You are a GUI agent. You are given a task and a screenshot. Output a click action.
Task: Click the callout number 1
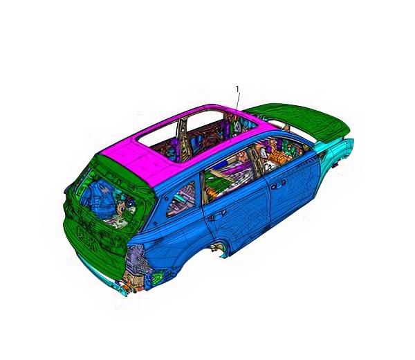(x=237, y=89)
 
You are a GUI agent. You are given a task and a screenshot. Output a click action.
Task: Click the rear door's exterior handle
(x=216, y=215)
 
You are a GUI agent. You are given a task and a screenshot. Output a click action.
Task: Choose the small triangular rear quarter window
(x=181, y=199)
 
